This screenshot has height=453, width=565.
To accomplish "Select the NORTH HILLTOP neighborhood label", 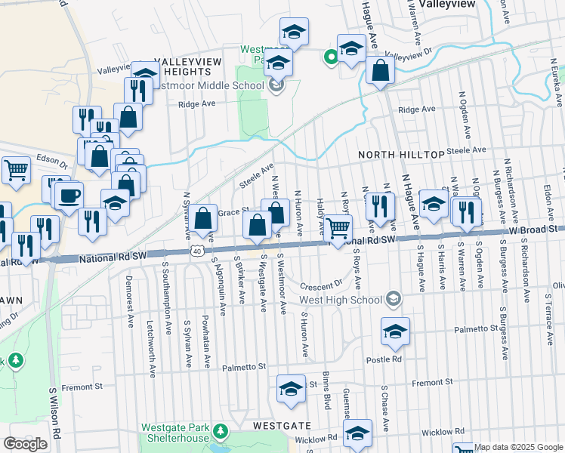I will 401,155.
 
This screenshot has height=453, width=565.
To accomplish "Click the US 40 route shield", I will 196,251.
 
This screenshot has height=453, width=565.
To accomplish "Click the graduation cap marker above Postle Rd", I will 395,331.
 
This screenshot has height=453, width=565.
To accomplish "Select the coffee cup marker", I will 69,196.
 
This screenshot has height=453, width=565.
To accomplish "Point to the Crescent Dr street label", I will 321,286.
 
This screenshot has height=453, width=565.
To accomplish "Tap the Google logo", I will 25,444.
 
